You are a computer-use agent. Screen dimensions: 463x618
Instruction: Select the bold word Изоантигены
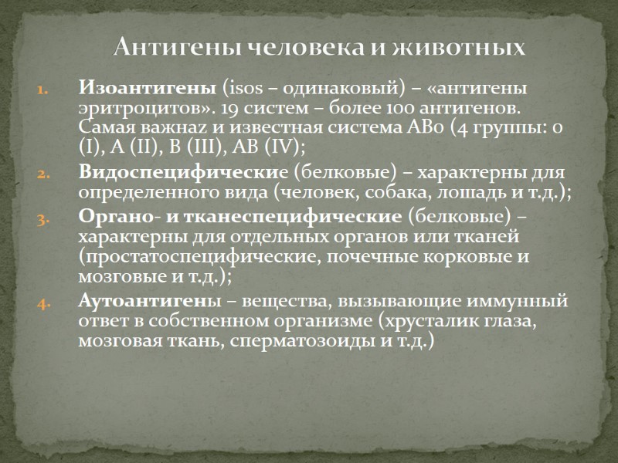click(x=148, y=89)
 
